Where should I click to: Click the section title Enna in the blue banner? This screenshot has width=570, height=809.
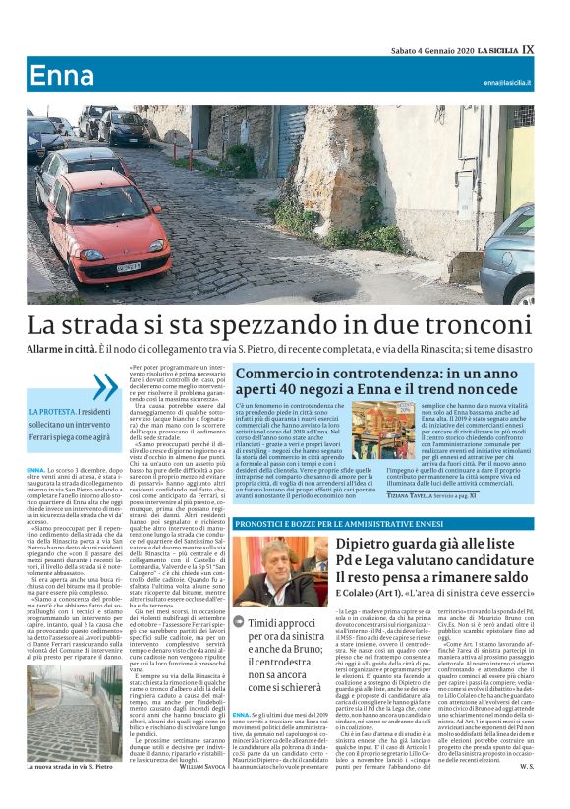[x=62, y=77]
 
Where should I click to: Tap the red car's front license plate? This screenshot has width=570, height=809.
[x=129, y=266]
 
